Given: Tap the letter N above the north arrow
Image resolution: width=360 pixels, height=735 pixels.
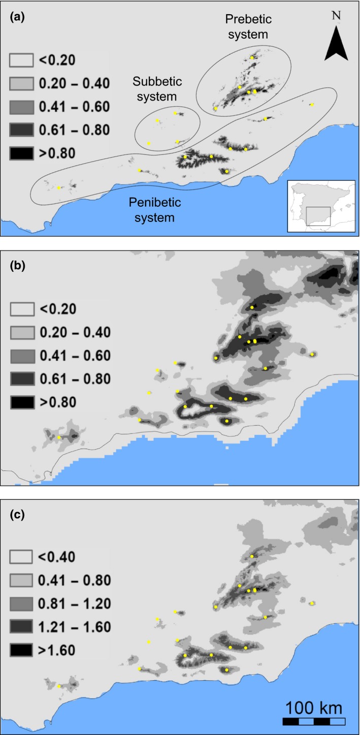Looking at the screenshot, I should click(x=336, y=16).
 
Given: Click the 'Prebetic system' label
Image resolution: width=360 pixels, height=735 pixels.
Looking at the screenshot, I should click(x=248, y=27).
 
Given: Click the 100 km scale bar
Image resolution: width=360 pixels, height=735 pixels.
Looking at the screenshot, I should click(x=314, y=720).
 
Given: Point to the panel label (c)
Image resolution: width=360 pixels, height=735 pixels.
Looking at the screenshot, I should click(x=18, y=514).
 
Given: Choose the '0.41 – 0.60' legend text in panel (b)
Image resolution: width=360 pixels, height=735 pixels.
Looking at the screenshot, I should click(x=74, y=356).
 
